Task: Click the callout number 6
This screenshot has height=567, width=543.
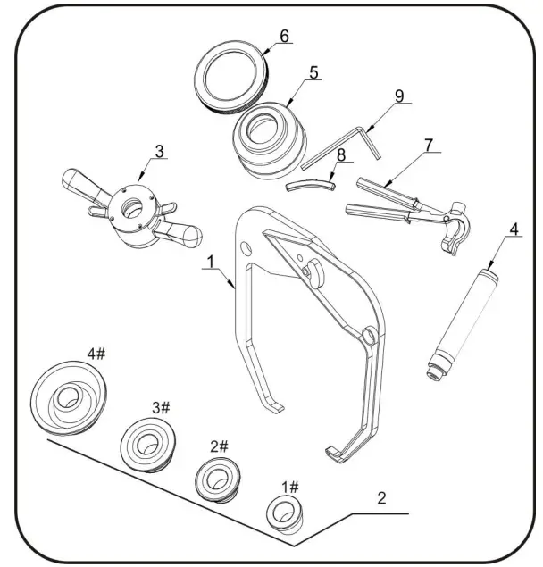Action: [284, 37]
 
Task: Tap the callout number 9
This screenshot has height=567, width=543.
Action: [399, 96]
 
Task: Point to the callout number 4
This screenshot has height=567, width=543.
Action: [513, 229]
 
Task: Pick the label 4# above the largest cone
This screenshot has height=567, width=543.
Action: [96, 354]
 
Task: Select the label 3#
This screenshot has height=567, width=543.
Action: [161, 407]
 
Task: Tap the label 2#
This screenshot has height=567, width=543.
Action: [219, 446]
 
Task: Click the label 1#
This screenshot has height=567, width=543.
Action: [291, 487]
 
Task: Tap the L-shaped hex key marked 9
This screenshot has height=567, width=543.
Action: [344, 146]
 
